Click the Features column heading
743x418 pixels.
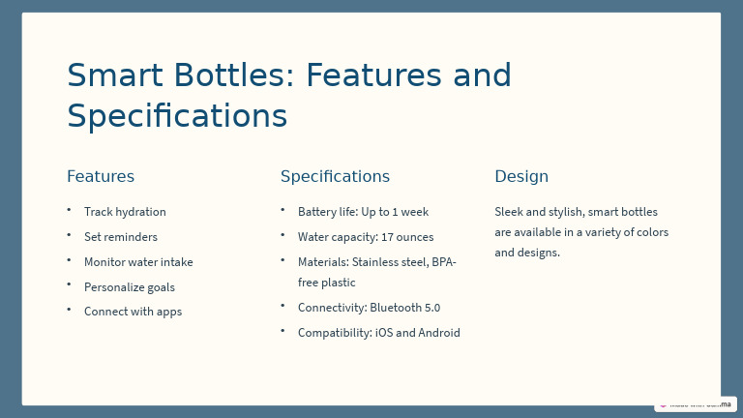tap(101, 176)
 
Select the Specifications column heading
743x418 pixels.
tap(335, 176)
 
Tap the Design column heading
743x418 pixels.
tap(521, 176)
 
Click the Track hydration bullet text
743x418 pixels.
tap(125, 212)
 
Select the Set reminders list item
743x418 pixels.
tap(120, 237)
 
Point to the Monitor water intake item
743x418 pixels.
tap(138, 262)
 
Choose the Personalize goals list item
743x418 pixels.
tap(130, 287)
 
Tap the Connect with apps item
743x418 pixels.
tap(133, 312)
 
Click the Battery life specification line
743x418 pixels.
tap(363, 212)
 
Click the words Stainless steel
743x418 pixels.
tap(390, 262)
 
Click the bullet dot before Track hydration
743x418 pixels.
tap(69, 210)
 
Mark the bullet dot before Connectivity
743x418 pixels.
tap(282, 306)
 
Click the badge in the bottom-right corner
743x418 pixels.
tap(695, 403)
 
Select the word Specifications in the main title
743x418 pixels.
tap(177, 116)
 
